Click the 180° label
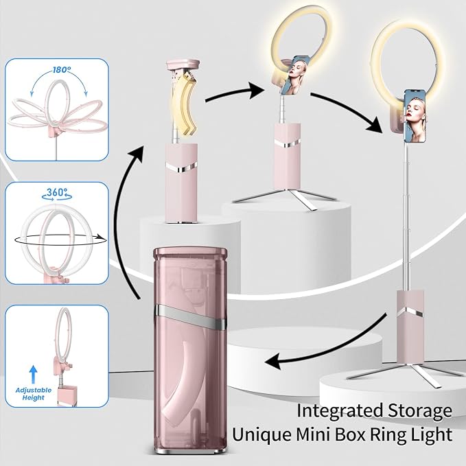click(62, 70)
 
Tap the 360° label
click(57, 192)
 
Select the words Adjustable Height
click(33, 393)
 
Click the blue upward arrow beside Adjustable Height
click(33, 374)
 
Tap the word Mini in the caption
click(314, 434)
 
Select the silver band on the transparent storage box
click(190, 316)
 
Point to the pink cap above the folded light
click(183, 66)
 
